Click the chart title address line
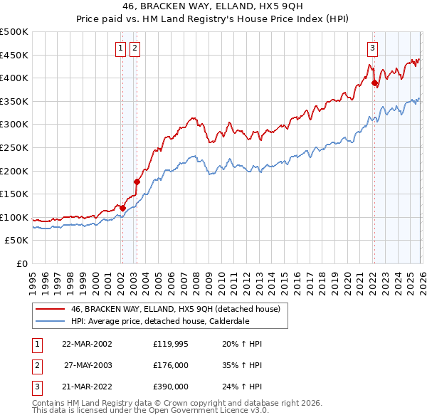click(x=213, y=7)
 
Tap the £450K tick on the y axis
click(x=14, y=55)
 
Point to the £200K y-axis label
click(x=14, y=171)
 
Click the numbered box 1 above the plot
click(x=120, y=48)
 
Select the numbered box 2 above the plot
click(x=135, y=48)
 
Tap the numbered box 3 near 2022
click(x=372, y=48)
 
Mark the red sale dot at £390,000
click(x=374, y=83)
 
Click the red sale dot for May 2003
click(x=137, y=182)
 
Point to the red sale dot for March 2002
click(x=122, y=208)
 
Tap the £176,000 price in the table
click(x=170, y=364)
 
